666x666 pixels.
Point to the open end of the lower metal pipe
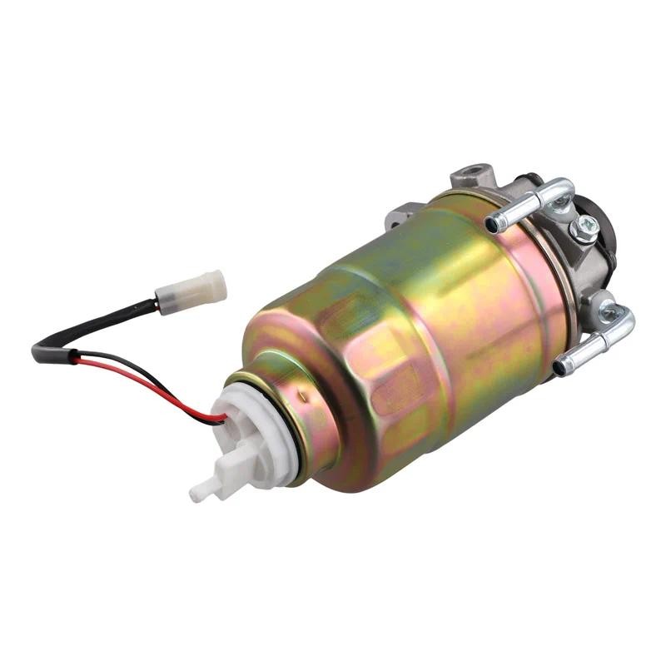click(x=562, y=365)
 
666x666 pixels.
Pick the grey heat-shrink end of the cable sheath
click(x=43, y=353)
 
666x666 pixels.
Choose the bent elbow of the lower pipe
click(x=620, y=318)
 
